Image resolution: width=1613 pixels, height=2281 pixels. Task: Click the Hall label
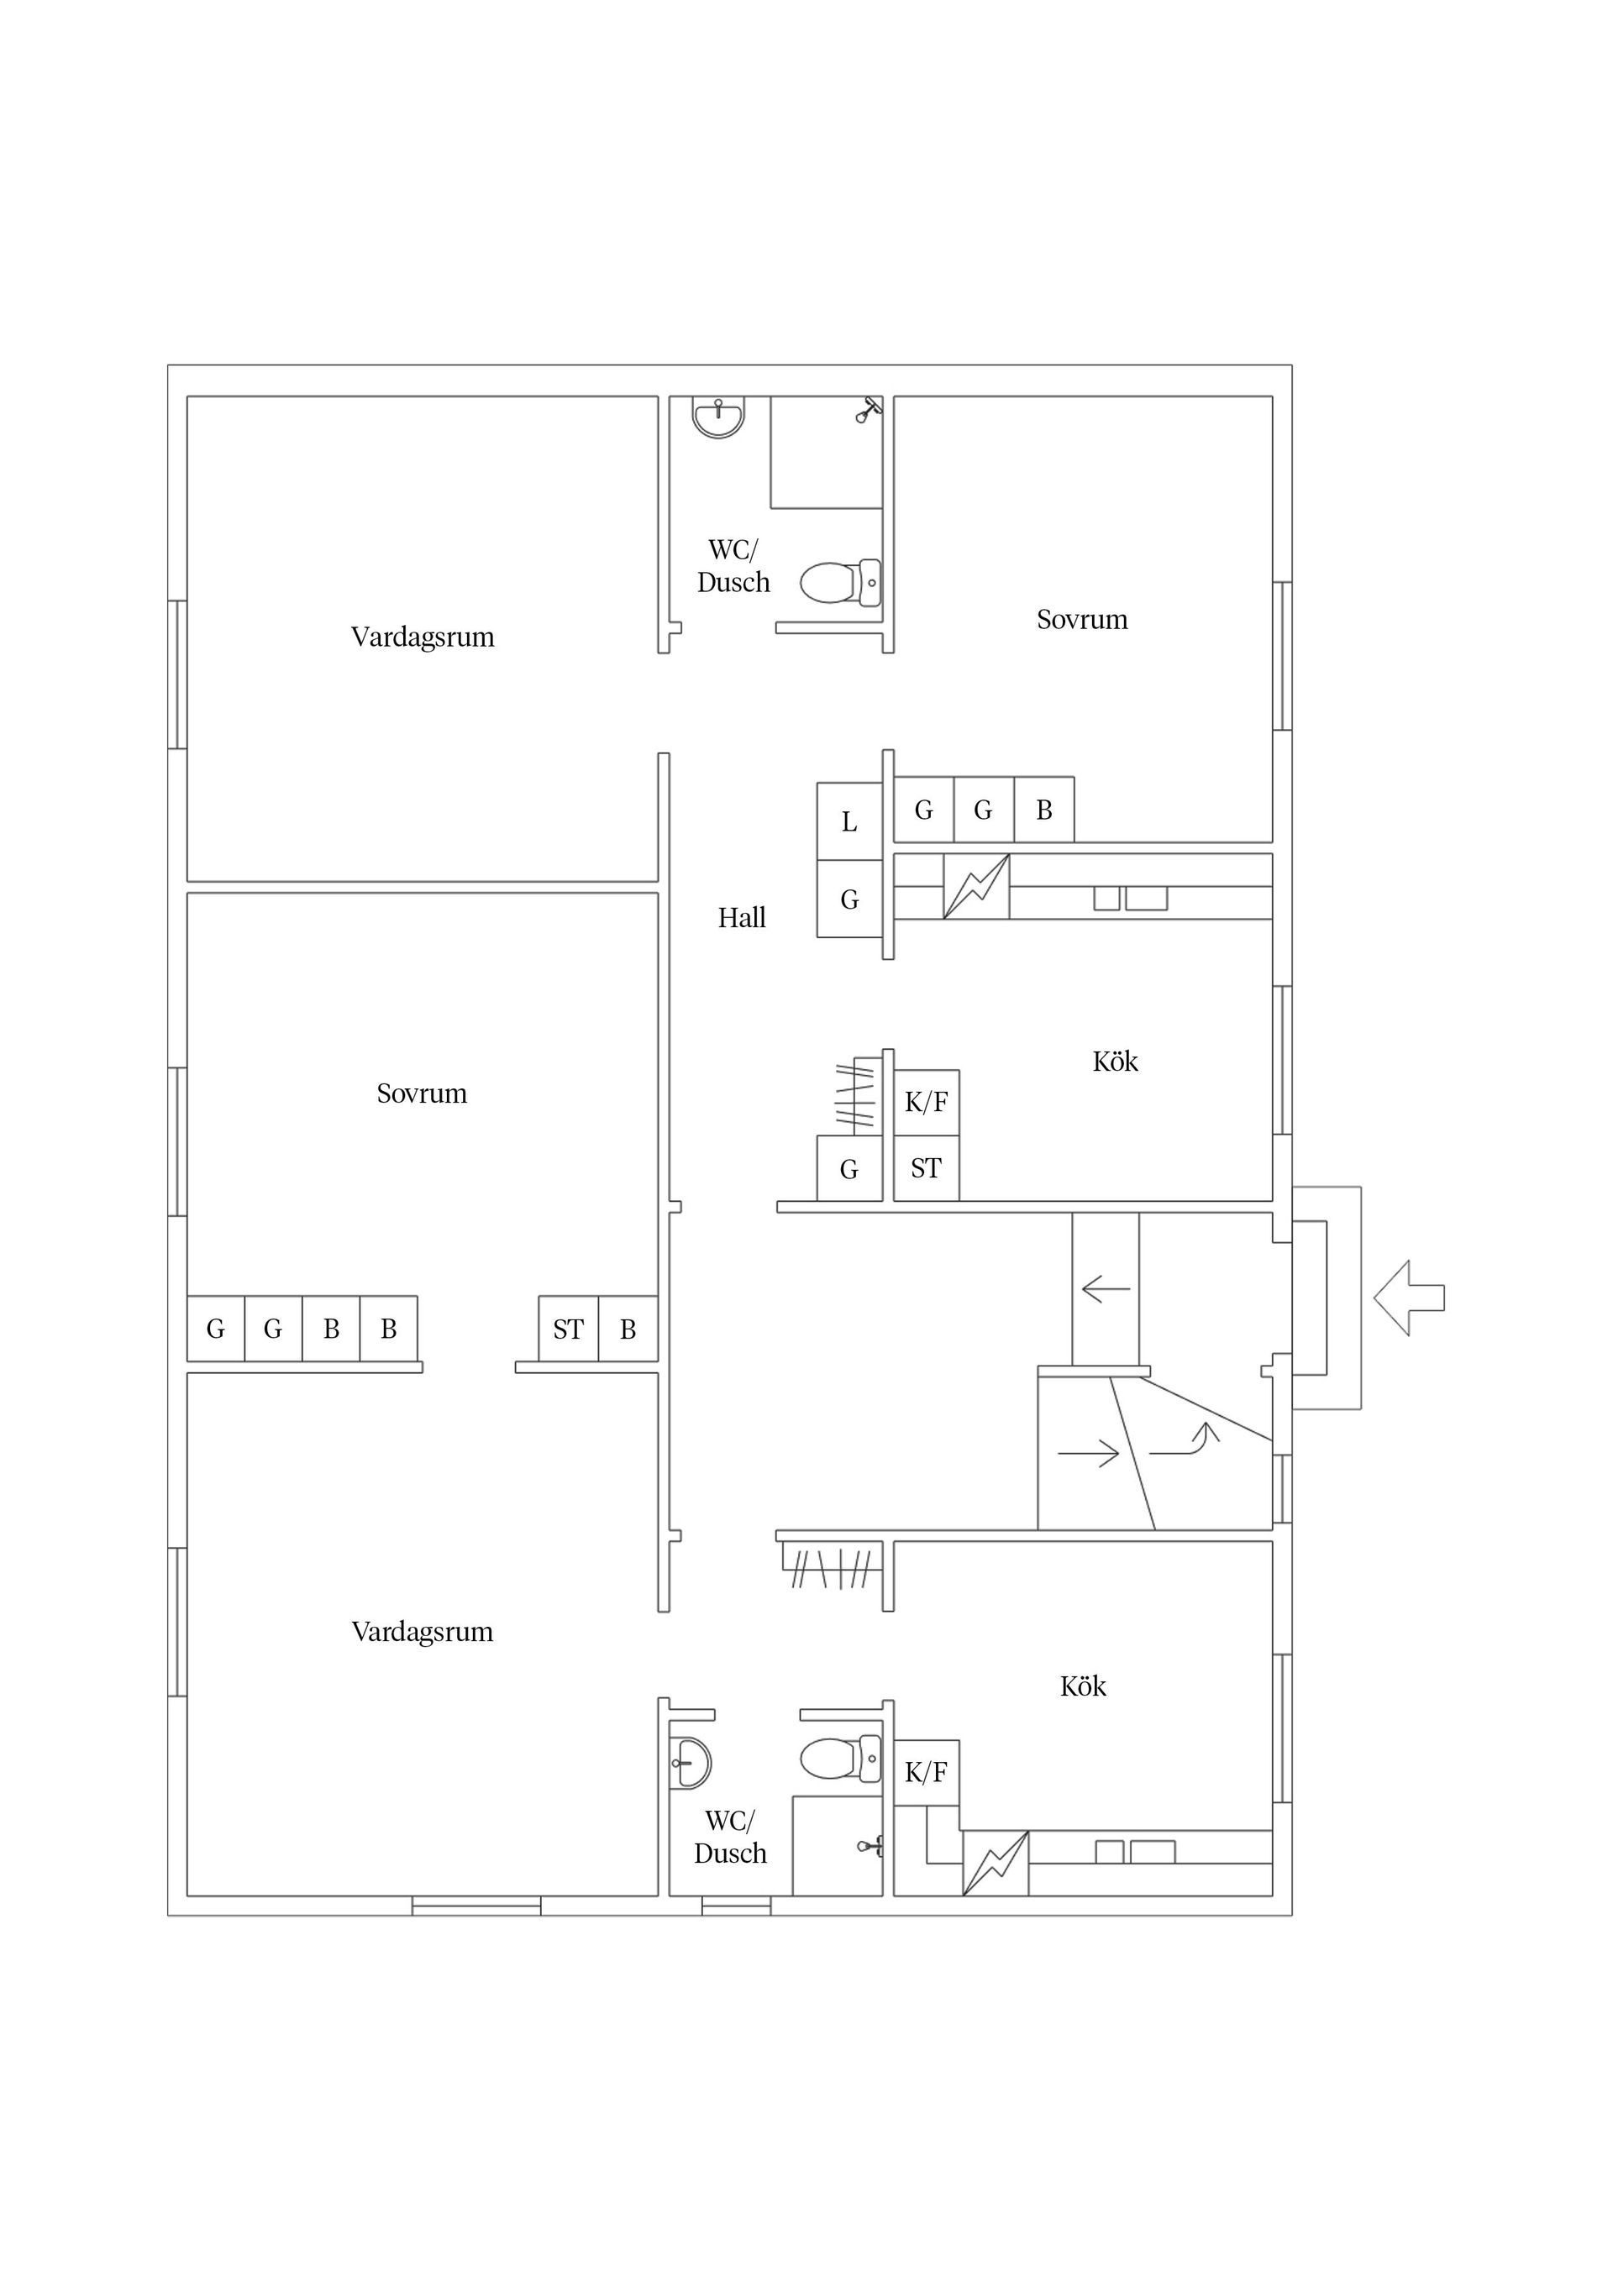click(x=742, y=918)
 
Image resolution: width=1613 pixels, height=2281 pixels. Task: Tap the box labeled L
click(x=849, y=821)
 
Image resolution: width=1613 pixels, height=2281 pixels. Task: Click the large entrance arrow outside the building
click(x=1408, y=1298)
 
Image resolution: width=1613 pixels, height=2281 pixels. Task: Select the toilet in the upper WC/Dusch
click(x=841, y=582)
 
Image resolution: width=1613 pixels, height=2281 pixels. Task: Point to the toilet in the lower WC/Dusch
click(x=841, y=1759)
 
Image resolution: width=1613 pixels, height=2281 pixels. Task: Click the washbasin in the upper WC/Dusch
click(x=717, y=417)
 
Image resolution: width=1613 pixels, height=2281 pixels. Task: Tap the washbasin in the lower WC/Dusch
click(x=690, y=1764)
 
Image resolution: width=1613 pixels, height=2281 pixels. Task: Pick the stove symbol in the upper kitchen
click(x=976, y=886)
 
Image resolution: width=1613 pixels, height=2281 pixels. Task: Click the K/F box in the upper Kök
click(x=927, y=1103)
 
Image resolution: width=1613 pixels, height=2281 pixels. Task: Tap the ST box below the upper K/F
click(x=927, y=1168)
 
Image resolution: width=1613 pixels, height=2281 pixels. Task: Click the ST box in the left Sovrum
click(x=569, y=1329)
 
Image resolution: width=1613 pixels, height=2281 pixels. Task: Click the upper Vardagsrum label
click(x=423, y=637)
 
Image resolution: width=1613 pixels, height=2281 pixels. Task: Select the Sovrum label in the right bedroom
click(x=1082, y=620)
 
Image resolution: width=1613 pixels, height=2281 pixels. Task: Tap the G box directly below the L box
click(x=849, y=899)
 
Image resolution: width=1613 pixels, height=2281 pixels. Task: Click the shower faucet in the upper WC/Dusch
click(x=868, y=411)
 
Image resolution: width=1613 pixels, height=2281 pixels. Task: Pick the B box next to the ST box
click(x=628, y=1329)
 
